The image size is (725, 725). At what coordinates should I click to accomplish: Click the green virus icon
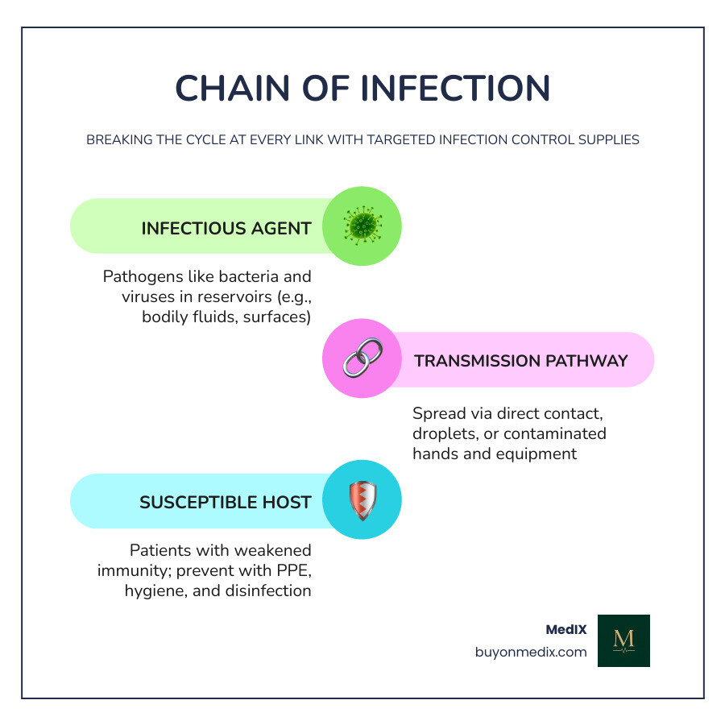click(x=362, y=226)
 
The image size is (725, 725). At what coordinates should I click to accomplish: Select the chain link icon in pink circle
click(x=362, y=358)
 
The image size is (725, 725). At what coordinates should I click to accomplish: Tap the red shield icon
click(x=362, y=500)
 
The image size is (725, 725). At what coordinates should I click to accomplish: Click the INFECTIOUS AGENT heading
click(x=226, y=229)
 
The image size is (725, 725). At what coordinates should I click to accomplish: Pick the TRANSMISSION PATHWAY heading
click(x=520, y=361)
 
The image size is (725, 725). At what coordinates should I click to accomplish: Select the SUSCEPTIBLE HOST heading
click(x=226, y=503)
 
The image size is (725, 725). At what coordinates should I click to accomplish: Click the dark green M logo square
click(x=623, y=640)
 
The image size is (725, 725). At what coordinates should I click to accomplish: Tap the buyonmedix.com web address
click(x=531, y=652)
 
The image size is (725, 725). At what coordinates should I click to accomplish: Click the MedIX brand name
click(x=566, y=629)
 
